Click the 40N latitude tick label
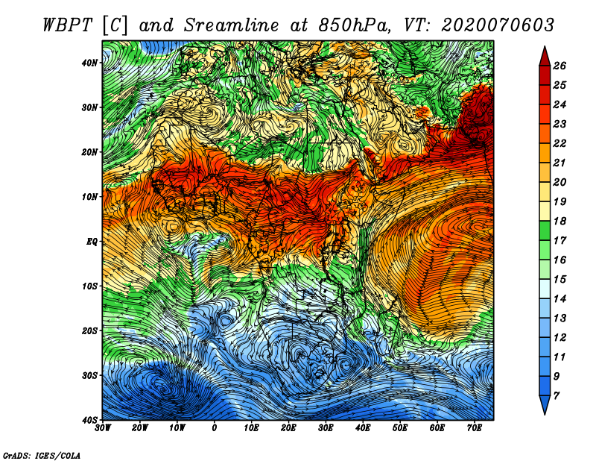(89, 63)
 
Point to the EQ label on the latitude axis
(92, 242)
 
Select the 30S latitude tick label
(89, 376)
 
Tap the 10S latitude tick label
(89, 286)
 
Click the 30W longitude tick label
(103, 428)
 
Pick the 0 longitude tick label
(215, 428)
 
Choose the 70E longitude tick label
(475, 428)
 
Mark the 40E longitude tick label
(363, 428)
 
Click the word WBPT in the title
(68, 25)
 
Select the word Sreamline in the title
(232, 25)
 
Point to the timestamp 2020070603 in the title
(498, 25)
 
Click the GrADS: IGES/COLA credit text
(42, 455)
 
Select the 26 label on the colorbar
(559, 66)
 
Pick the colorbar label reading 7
(557, 396)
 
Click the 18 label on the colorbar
(559, 221)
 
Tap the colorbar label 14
(559, 299)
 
